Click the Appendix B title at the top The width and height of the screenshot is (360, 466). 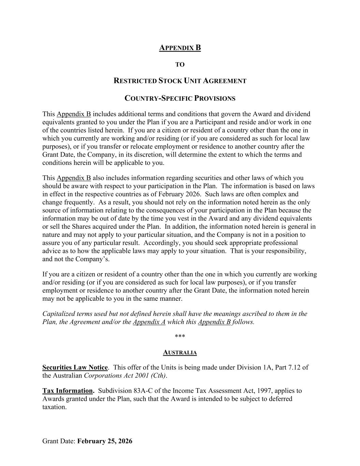(180, 48)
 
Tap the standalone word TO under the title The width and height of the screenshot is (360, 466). (180, 65)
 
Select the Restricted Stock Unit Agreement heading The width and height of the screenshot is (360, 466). (180, 81)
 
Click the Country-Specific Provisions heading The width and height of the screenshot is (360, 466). (180, 98)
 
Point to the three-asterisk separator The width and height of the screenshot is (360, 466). (180, 337)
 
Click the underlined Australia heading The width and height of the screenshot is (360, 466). (180, 352)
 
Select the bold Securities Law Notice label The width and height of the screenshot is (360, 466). (75, 367)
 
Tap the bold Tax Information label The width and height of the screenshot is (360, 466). (68, 391)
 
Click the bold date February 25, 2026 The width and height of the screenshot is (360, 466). (105, 441)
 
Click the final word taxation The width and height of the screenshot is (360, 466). (54, 407)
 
